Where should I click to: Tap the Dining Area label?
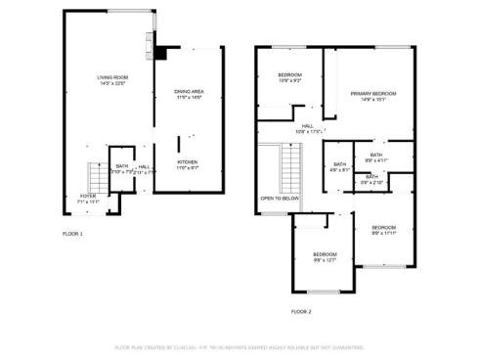pyautogui.click(x=188, y=94)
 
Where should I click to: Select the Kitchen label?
pyautogui.click(x=187, y=164)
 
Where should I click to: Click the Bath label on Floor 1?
pyautogui.click(x=121, y=168)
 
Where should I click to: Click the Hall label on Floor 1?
pyautogui.click(x=144, y=168)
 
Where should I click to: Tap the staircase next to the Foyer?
pyautogui.click(x=96, y=177)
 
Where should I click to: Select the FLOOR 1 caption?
pyautogui.click(x=73, y=234)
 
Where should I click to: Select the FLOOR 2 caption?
pyautogui.click(x=301, y=311)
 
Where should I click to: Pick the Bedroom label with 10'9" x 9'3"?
pyautogui.click(x=289, y=78)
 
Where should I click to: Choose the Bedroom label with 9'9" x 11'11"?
pyautogui.click(x=383, y=230)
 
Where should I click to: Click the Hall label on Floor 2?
pyautogui.click(x=307, y=129)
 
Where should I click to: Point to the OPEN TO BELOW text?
pyautogui.click(x=278, y=198)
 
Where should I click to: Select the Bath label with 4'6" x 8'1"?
pyautogui.click(x=339, y=166)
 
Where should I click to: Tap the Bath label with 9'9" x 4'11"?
pyautogui.click(x=375, y=157)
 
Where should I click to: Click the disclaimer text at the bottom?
pyautogui.click(x=239, y=346)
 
